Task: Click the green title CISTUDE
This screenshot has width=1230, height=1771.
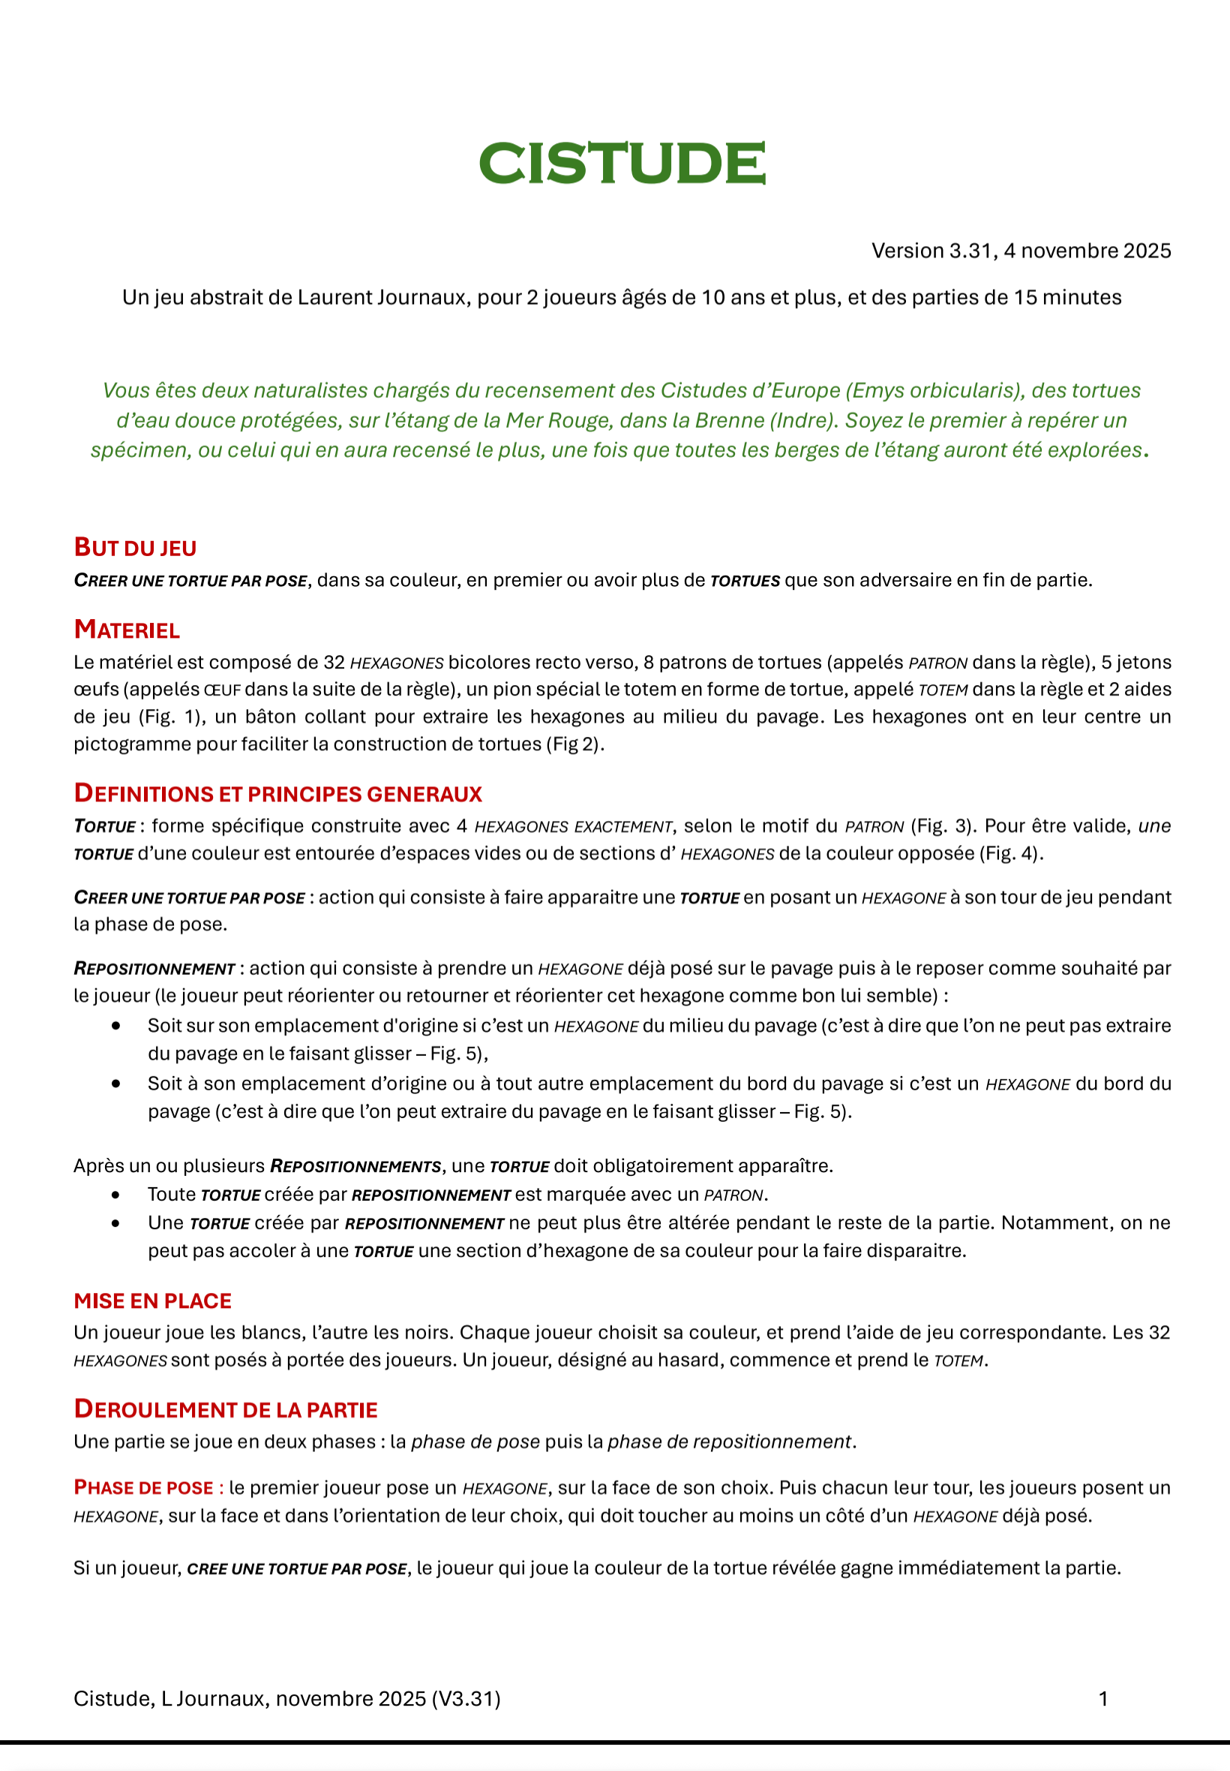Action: pos(622,164)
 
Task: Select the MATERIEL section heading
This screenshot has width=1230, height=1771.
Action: pos(127,630)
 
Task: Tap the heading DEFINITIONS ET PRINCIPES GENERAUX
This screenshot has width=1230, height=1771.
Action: pos(277,793)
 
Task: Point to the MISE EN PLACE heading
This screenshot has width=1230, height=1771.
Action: pos(152,1300)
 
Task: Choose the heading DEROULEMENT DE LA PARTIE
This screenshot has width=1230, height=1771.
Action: pos(225,1409)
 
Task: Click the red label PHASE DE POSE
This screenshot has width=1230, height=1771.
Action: pos(143,1487)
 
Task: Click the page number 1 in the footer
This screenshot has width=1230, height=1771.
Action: pos(1102,1698)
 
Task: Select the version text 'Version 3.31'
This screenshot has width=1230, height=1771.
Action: pos(932,251)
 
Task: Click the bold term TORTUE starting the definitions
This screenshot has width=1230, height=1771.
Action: pos(105,826)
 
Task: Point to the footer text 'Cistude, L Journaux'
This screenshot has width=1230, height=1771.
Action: pos(169,1698)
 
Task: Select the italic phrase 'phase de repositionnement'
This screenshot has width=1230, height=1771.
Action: pos(729,1442)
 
